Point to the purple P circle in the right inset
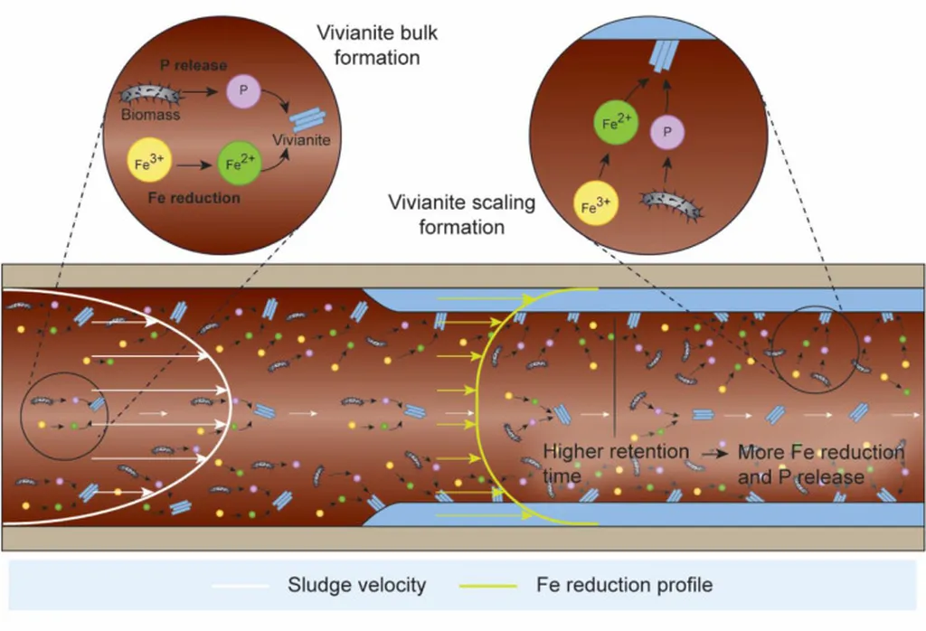(x=668, y=132)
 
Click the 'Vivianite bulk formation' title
(x=368, y=44)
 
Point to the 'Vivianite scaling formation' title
(x=461, y=214)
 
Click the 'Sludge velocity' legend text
(x=356, y=586)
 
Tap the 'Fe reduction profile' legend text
(x=624, y=586)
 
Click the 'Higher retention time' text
(x=615, y=462)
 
